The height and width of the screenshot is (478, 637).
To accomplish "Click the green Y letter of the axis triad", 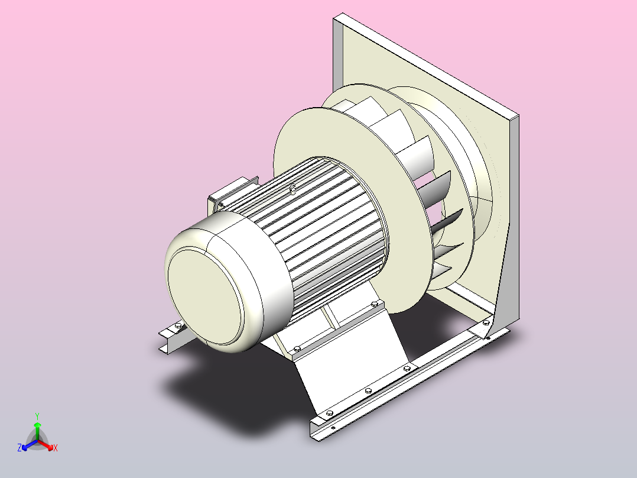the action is pyautogui.click(x=37, y=416).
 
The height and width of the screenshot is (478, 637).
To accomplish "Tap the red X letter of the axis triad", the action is pyautogui.click(x=56, y=448).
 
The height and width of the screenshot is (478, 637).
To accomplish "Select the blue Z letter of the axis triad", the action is pyautogui.click(x=19, y=447).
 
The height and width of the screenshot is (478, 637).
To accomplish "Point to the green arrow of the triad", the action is pyautogui.click(x=37, y=431).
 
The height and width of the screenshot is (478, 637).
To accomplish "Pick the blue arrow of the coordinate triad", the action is pyautogui.click(x=30, y=445).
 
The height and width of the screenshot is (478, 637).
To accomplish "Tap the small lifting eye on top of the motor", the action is pyautogui.click(x=292, y=188).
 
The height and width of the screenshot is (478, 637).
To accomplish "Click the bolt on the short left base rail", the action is pyautogui.click(x=178, y=325).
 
